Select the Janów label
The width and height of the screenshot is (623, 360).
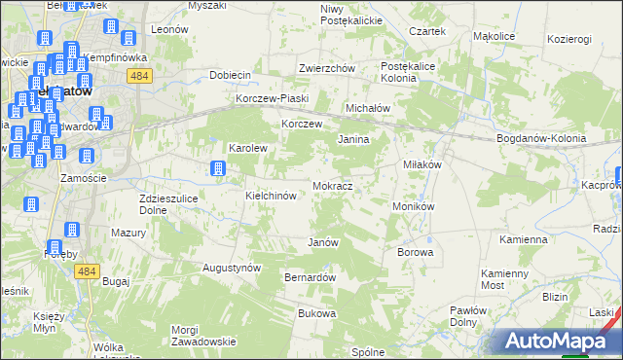coord(322,242)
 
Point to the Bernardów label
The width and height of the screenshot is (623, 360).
coord(310,277)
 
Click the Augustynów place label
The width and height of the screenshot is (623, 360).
coord(232,267)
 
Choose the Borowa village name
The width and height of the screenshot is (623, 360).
coord(415,252)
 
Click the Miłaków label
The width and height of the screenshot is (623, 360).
coord(422,164)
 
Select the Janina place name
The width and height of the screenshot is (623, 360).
coord(353,140)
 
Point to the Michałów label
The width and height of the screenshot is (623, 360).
coord(368,108)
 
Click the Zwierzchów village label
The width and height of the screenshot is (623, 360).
coord(326,68)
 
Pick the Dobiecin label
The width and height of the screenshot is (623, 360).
coord(231,75)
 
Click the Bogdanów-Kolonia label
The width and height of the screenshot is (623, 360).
coord(541,138)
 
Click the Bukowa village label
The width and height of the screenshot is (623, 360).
coord(316,313)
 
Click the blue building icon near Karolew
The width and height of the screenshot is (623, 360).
coord(218,169)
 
